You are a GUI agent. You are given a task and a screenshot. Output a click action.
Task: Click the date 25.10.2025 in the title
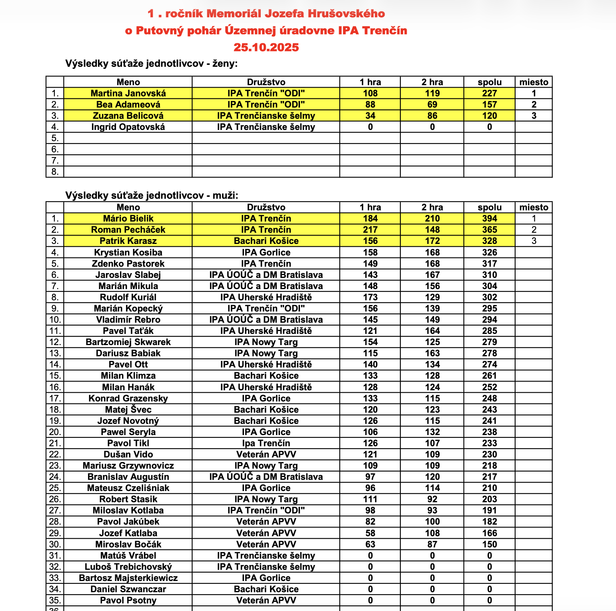266,47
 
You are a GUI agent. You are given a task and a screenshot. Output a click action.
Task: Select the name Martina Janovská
128,93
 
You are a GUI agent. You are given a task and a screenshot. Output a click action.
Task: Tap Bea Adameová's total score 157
489,104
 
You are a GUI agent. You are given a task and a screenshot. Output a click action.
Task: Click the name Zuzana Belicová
128,116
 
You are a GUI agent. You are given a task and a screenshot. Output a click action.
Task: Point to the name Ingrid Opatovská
128,127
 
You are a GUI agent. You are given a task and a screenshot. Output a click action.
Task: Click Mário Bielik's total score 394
489,218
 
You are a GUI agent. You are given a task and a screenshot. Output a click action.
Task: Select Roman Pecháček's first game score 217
370,230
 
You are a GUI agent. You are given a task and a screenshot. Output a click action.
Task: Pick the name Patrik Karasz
128,241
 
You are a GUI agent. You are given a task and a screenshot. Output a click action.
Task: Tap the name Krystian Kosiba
128,252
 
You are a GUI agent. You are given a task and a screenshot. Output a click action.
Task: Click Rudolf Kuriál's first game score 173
370,297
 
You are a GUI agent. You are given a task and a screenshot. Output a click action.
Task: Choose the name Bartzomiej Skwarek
128,342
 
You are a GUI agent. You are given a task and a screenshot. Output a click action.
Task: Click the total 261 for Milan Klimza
489,375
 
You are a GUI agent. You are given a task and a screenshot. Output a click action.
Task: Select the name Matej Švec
128,409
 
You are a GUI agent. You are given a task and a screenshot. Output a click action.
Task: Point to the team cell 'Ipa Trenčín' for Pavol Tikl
266,443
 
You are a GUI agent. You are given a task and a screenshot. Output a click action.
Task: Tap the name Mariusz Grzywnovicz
128,465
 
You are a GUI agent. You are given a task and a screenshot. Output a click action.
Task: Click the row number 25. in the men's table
55,488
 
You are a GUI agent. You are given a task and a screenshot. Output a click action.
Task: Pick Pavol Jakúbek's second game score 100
432,521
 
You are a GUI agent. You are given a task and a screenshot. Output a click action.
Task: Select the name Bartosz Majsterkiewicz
128,578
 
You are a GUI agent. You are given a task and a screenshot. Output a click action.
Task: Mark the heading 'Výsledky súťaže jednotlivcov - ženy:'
151,64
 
